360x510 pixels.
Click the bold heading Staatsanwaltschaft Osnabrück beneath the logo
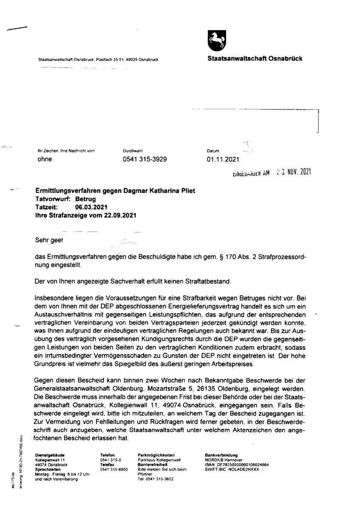point(255,59)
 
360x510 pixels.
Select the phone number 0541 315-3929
point(145,159)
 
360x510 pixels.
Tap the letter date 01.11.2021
point(223,159)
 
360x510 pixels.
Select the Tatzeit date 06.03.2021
point(91,207)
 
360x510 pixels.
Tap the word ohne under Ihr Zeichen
point(44,159)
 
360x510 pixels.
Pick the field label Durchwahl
point(132,151)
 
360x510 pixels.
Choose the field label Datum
point(213,151)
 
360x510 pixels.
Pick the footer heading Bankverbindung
point(221,455)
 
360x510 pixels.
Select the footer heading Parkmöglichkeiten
point(156,455)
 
